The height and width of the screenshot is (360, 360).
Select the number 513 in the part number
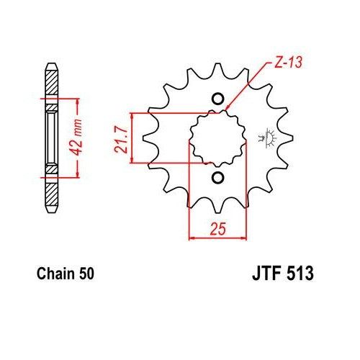(x=300, y=274)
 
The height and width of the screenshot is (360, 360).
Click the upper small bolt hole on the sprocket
(x=217, y=99)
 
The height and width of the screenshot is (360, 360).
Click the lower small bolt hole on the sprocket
(x=217, y=177)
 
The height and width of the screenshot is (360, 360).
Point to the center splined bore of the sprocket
(x=216, y=138)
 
